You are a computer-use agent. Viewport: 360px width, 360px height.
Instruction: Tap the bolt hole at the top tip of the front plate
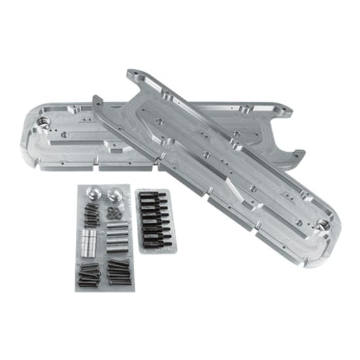[x=134, y=72]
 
